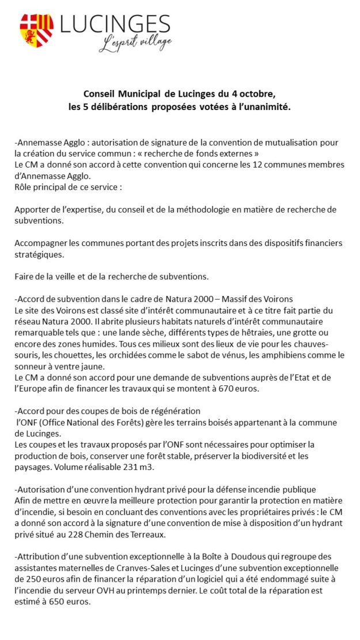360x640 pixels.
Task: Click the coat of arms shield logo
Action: click(x=36, y=31)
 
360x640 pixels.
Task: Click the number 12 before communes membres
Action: click(x=257, y=165)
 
